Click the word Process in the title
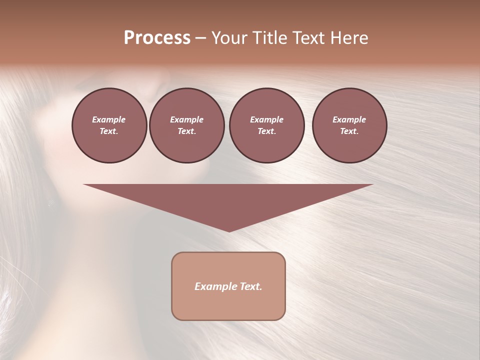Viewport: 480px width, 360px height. point(157,38)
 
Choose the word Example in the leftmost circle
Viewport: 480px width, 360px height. point(109,119)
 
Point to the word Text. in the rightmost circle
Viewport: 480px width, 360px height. point(349,131)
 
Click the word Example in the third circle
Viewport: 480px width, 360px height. point(266,119)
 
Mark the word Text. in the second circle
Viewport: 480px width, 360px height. point(186,131)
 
